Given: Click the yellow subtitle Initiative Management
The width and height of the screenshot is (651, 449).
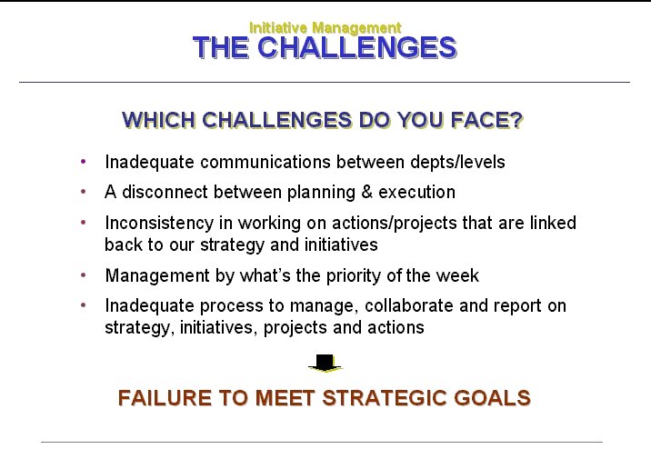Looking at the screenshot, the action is pos(325,28).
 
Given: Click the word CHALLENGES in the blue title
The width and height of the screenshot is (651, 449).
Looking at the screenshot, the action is pos(357,47).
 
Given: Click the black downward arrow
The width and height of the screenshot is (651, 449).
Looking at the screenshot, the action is pos(325,363).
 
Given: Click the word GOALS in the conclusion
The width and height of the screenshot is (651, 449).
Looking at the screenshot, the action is pos(492,397).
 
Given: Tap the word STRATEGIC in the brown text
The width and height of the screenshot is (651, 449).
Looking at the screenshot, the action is pos(385,397).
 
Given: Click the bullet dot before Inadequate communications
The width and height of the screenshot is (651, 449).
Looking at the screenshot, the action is pos(84,162).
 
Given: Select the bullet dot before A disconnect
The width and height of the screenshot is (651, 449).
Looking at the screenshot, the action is pos(84,192).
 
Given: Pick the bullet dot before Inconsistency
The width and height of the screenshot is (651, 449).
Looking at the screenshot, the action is pos(84,223).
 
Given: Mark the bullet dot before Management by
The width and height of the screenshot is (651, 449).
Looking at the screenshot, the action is pos(84,274).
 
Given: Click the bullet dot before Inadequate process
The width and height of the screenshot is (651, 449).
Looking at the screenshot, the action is pos(84,305).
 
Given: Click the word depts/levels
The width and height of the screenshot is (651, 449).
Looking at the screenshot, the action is pos(457,163).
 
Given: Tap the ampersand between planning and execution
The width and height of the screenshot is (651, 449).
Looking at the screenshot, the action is pos(366,192).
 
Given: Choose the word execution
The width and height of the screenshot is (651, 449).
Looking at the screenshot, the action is pos(416,192).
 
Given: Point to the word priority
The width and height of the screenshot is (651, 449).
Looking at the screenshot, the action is pos(353,276).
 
